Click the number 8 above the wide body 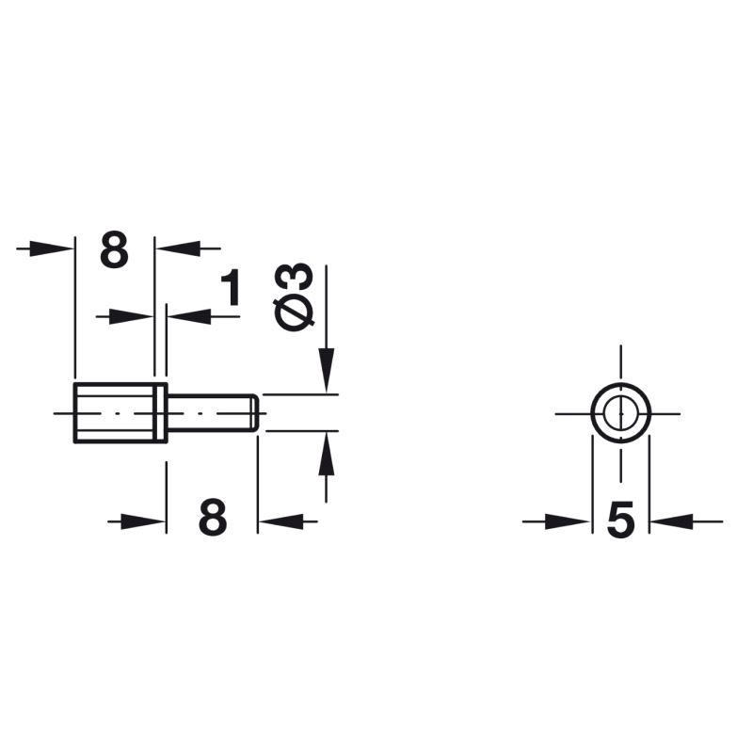(114, 249)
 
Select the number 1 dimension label (231, 287)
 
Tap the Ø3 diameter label (293, 297)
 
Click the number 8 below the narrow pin (213, 517)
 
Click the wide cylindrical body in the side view (115, 413)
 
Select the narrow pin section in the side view (209, 413)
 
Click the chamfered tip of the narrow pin (255, 413)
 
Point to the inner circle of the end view (604, 413)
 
